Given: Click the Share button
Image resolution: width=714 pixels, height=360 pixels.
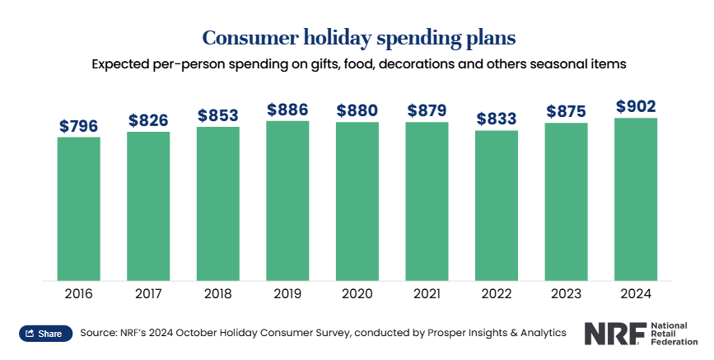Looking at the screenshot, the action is click(45, 334).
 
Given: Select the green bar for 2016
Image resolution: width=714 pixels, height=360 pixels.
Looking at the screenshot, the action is click(79, 208).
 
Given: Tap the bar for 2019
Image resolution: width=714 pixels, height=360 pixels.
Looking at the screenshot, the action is click(287, 201).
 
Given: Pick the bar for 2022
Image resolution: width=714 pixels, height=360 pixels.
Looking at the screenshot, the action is click(497, 205).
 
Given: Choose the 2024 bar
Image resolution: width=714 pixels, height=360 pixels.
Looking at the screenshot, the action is click(636, 199).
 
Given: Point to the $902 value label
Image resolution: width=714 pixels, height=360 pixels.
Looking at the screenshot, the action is click(636, 106).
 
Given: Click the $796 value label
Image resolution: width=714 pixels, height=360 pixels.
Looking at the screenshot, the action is click(79, 126).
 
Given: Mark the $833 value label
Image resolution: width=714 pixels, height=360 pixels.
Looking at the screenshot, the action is click(497, 119).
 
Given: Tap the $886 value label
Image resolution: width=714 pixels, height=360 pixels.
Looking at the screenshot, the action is click(287, 110).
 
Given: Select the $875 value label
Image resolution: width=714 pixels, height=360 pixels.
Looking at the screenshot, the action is click(566, 111).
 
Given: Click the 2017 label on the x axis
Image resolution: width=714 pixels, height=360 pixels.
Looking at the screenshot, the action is click(148, 293).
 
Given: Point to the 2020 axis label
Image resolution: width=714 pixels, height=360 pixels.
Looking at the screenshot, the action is click(357, 293).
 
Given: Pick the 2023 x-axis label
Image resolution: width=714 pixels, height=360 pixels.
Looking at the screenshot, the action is click(566, 293).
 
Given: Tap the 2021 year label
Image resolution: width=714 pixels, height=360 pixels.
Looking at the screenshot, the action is click(427, 293).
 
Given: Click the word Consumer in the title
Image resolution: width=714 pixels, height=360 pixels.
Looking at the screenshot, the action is click(250, 37).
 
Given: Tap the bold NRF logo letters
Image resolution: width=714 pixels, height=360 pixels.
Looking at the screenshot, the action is click(616, 334).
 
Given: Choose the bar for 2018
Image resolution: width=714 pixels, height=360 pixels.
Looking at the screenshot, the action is click(218, 203).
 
